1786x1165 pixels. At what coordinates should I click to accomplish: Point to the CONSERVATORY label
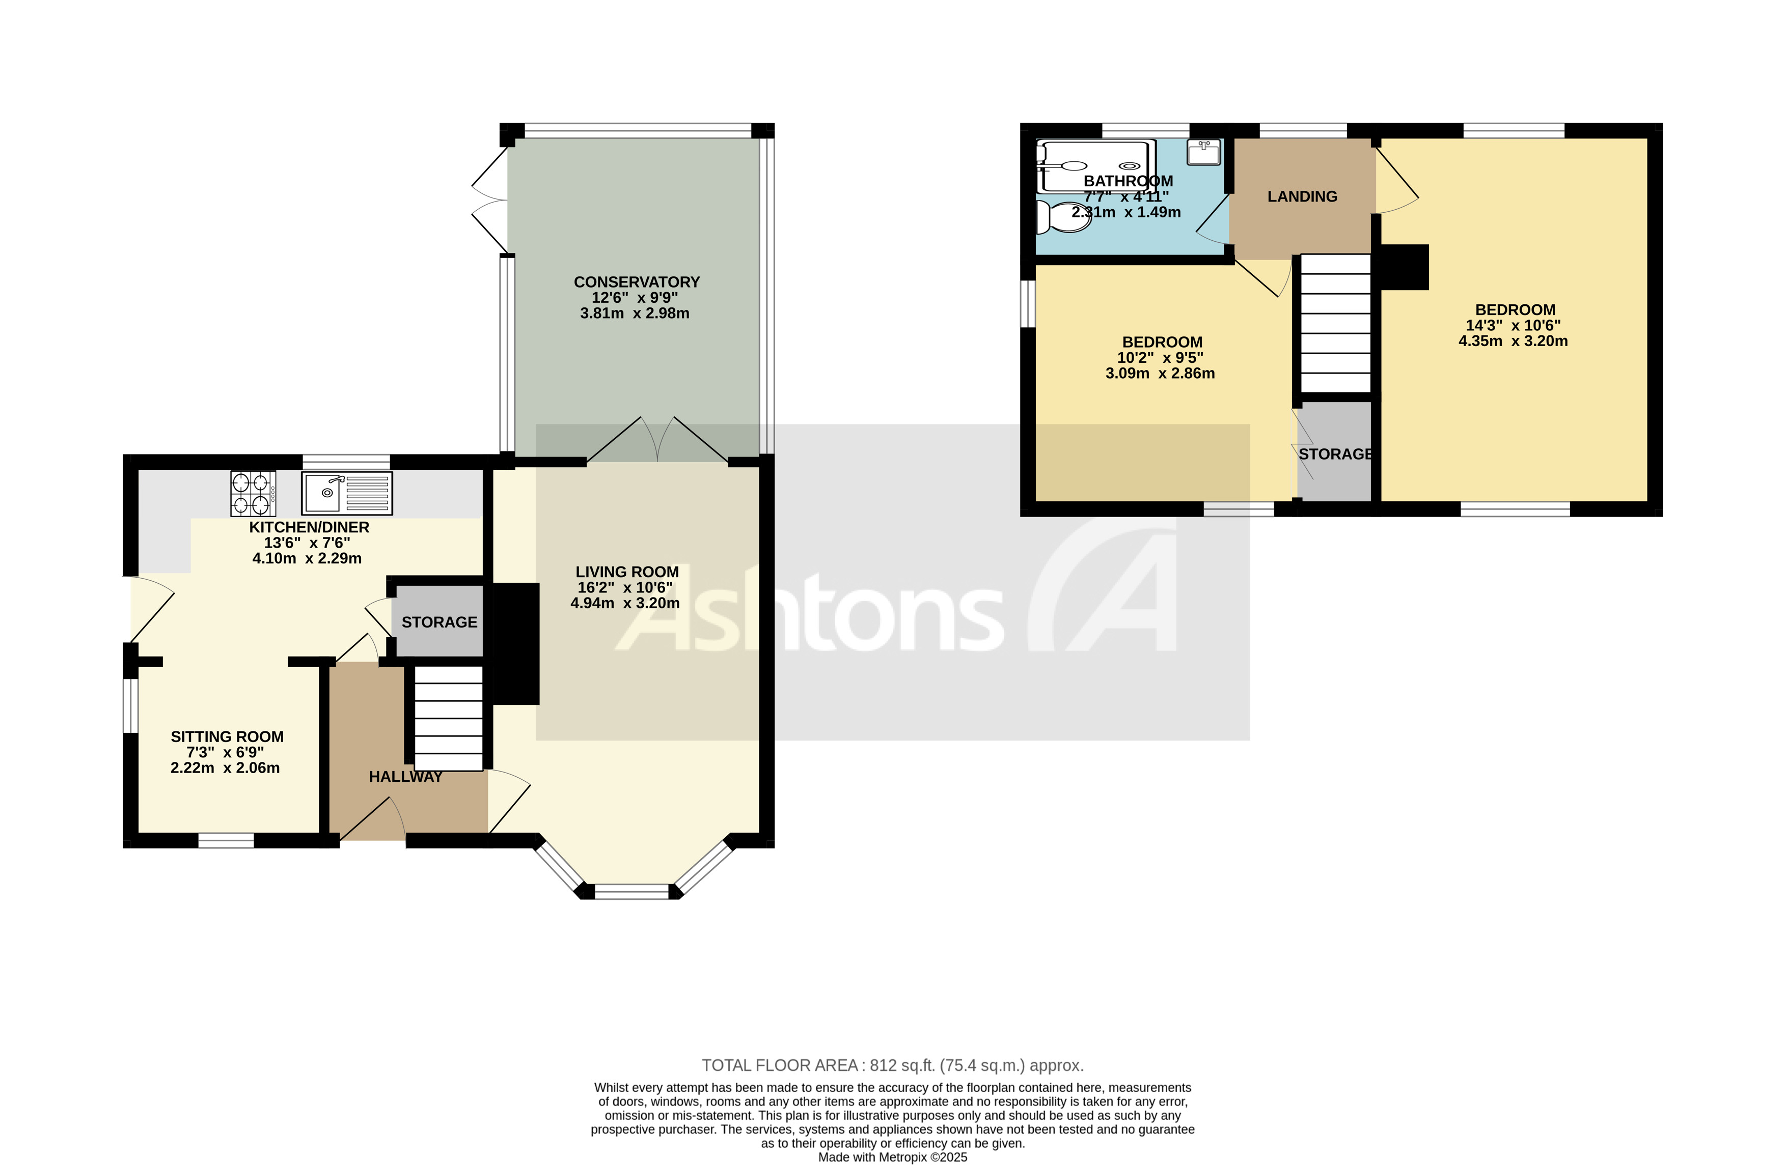coord(637,282)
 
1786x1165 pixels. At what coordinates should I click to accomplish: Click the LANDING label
coord(1302,196)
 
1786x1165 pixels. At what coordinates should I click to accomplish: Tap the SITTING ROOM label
coord(227,736)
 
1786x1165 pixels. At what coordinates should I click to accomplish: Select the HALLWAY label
coord(405,777)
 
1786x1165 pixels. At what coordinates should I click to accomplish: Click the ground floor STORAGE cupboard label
coord(439,622)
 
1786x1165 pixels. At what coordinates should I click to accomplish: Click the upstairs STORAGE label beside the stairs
coord(1335,454)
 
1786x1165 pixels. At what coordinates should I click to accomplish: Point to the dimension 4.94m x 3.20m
coord(625,603)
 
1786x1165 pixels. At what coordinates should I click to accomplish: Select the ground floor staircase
coord(448,718)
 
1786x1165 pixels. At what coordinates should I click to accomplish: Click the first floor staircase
coord(1335,323)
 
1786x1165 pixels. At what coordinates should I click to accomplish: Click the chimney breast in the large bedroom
coord(1404,267)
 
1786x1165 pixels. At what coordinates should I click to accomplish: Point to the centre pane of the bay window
coord(631,891)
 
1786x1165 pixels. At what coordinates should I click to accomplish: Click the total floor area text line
coord(892,1065)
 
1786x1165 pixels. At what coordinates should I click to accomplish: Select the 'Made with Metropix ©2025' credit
coord(892,1157)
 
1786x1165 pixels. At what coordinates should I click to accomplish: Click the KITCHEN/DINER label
coord(309,527)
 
